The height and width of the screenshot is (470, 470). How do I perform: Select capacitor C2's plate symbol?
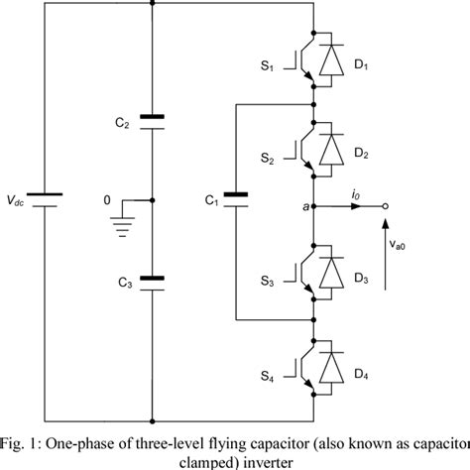tap(151, 122)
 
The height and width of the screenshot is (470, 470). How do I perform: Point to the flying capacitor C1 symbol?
tap(236, 199)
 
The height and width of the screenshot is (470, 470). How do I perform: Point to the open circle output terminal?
tap(387, 208)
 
